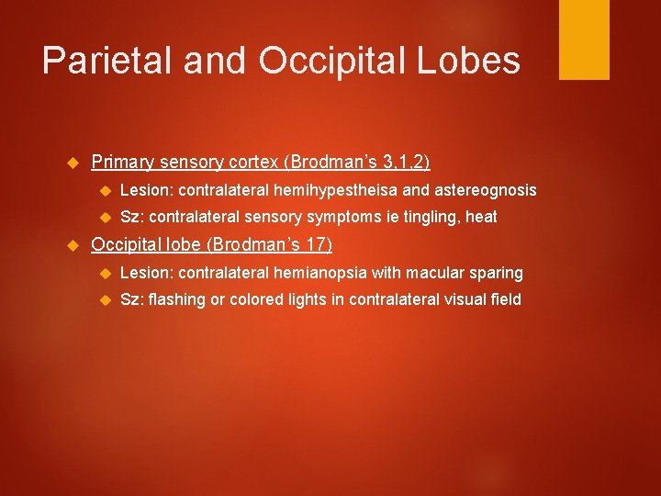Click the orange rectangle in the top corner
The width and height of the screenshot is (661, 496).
(584, 39)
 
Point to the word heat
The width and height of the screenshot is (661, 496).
(481, 217)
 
